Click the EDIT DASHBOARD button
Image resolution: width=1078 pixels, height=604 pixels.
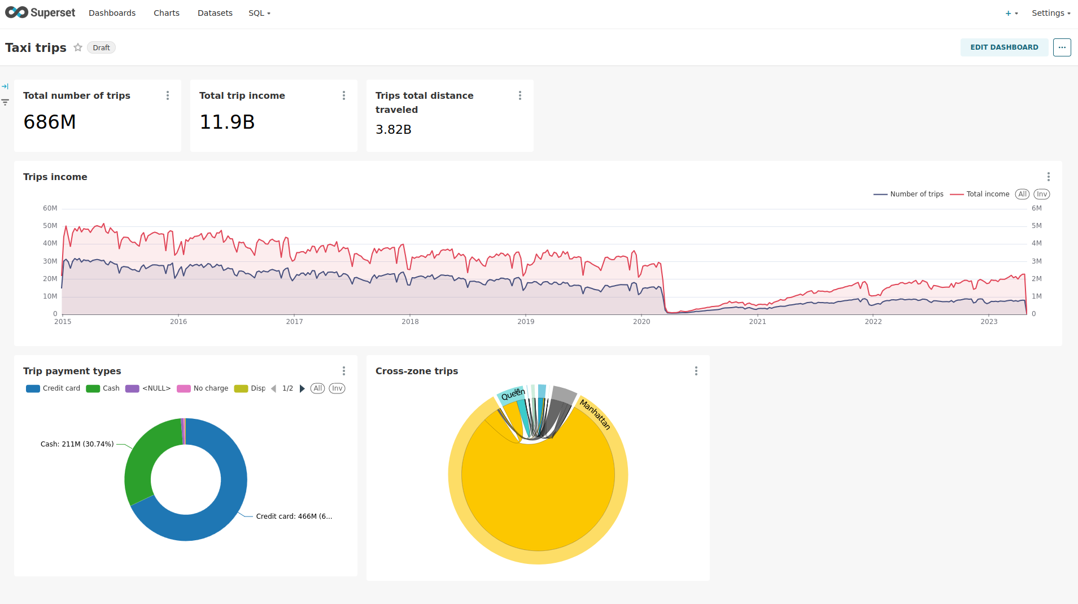[x=1003, y=47]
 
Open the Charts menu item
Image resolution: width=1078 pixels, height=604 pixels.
[x=166, y=13]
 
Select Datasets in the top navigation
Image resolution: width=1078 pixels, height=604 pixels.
[x=215, y=13]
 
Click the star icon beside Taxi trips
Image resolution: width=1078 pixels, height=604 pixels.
[x=78, y=47]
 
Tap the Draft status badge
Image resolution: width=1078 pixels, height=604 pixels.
[x=101, y=48]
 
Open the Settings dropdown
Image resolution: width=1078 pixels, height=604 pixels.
[x=1050, y=13]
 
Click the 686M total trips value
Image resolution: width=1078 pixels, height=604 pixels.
[x=50, y=122]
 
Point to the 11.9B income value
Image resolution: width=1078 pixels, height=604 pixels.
[x=227, y=122]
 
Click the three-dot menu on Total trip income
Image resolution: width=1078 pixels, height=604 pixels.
[x=344, y=96]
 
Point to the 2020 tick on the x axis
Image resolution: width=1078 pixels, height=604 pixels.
[x=641, y=322]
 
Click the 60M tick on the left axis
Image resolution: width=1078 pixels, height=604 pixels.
[x=50, y=208]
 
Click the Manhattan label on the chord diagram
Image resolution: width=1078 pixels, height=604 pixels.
[x=595, y=414]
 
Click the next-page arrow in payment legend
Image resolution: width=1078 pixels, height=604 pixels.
[x=302, y=388]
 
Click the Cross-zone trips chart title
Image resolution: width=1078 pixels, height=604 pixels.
[x=417, y=371]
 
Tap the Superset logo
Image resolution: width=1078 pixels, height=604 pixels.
[x=40, y=12]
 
